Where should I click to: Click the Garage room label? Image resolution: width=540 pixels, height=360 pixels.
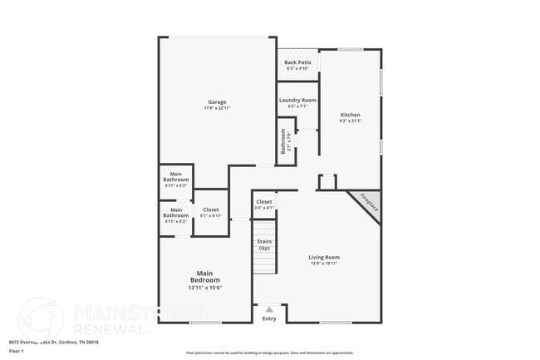(x=217, y=102)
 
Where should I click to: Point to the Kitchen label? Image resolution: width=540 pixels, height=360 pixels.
(x=351, y=115)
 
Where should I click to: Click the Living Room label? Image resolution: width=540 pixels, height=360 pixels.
(x=325, y=258)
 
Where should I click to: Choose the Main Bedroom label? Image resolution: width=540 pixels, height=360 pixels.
(x=204, y=277)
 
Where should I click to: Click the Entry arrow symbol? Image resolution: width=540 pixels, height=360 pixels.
(x=268, y=310)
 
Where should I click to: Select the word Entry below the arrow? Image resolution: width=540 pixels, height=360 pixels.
(x=269, y=318)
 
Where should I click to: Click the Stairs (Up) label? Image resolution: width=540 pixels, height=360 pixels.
(x=264, y=244)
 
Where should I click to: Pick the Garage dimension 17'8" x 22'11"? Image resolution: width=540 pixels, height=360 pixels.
(x=217, y=109)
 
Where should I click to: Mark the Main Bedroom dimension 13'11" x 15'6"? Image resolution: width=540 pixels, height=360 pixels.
(x=204, y=288)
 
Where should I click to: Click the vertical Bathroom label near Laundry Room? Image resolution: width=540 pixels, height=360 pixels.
(x=283, y=141)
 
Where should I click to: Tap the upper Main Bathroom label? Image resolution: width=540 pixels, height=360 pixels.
(x=175, y=177)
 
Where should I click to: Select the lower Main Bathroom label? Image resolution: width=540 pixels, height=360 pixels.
(x=175, y=213)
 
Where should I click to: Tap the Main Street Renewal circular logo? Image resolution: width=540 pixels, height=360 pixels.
(x=40, y=318)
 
